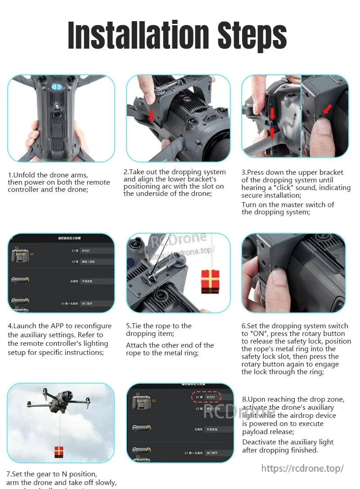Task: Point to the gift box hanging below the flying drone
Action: coord(59,452)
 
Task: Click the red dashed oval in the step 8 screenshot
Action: coord(206,397)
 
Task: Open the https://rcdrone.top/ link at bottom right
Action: coord(302,468)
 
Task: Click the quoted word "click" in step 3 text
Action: coord(281,188)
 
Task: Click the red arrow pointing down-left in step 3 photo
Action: coord(327,109)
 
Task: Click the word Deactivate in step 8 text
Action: coord(259,442)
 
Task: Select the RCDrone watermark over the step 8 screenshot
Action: coord(239,411)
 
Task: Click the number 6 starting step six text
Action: coord(243,326)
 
